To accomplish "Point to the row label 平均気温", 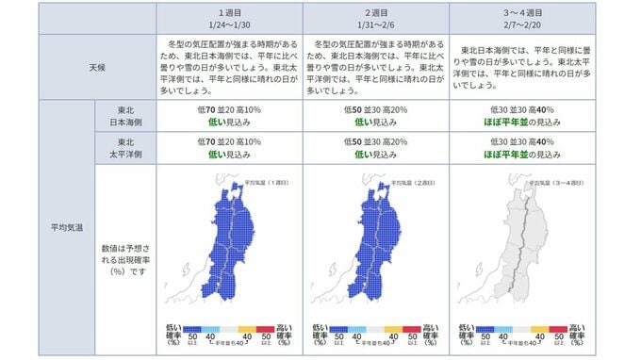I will coord(66,226).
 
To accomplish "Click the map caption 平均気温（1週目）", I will coord(271,181).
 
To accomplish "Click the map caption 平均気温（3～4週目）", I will coord(562,181).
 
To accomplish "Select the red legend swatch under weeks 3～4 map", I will coord(557,328).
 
